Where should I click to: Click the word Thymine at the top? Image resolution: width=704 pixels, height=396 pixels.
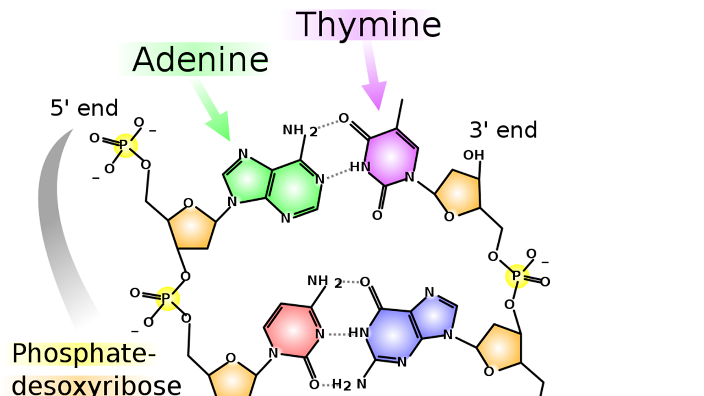click(369, 25)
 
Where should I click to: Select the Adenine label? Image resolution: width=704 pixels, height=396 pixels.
click(201, 59)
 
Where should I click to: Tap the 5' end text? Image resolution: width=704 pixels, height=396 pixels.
click(84, 108)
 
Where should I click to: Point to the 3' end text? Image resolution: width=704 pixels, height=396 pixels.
click(503, 130)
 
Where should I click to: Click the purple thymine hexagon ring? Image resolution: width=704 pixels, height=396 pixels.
click(392, 157)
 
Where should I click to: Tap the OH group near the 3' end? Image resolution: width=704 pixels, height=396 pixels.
click(474, 155)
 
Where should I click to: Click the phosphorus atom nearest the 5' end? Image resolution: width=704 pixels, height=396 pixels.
click(125, 145)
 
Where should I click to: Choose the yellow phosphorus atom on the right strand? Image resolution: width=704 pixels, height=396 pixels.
click(517, 276)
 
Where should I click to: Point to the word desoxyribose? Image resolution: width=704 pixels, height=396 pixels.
click(96, 386)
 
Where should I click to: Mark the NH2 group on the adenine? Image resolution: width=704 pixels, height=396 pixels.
click(300, 131)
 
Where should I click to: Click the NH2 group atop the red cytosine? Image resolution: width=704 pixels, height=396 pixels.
click(324, 282)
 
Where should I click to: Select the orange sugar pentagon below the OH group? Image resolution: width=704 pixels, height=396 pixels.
click(459, 193)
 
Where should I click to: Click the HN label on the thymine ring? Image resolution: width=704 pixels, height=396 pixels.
click(360, 167)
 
